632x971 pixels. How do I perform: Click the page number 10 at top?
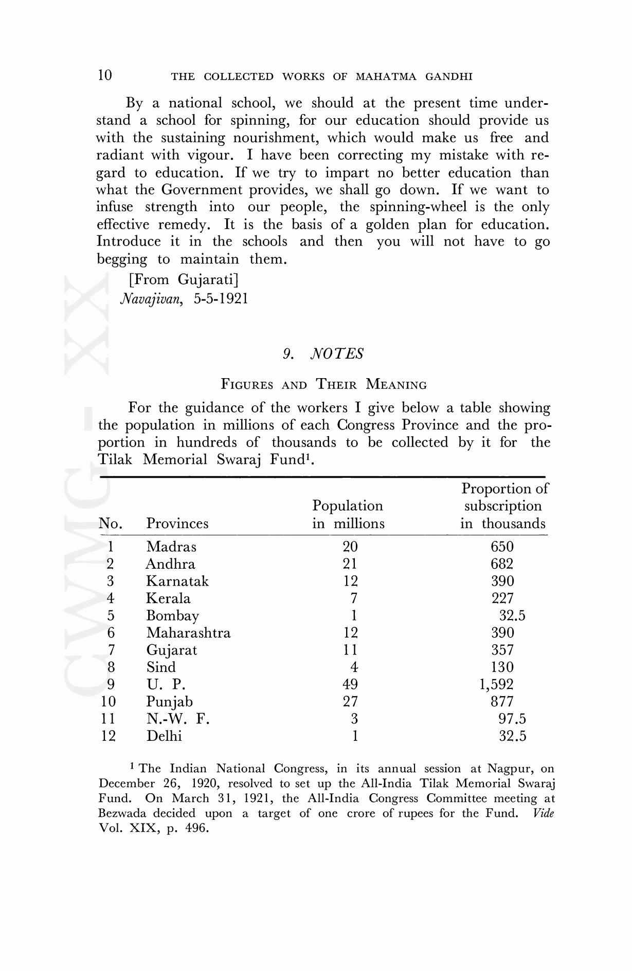coord(104,76)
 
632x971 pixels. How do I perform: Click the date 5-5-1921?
coord(221,299)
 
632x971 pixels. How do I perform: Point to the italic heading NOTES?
coord(337,353)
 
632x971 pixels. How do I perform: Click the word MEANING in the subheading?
coord(396,385)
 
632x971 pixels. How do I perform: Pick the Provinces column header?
coord(177,524)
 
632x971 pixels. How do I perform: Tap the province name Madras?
coord(171,547)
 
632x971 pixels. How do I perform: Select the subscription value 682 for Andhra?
coord(502,564)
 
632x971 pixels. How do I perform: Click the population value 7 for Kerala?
coord(354,599)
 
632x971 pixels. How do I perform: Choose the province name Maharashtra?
coord(188,633)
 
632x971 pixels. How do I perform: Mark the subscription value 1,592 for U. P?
coord(496,685)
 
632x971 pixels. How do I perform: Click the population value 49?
coord(350,684)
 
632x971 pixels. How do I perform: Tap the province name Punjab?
coord(169,702)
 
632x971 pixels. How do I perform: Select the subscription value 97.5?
coord(512,719)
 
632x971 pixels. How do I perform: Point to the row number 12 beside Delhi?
coord(109,736)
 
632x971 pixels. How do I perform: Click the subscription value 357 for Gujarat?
coord(502,650)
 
